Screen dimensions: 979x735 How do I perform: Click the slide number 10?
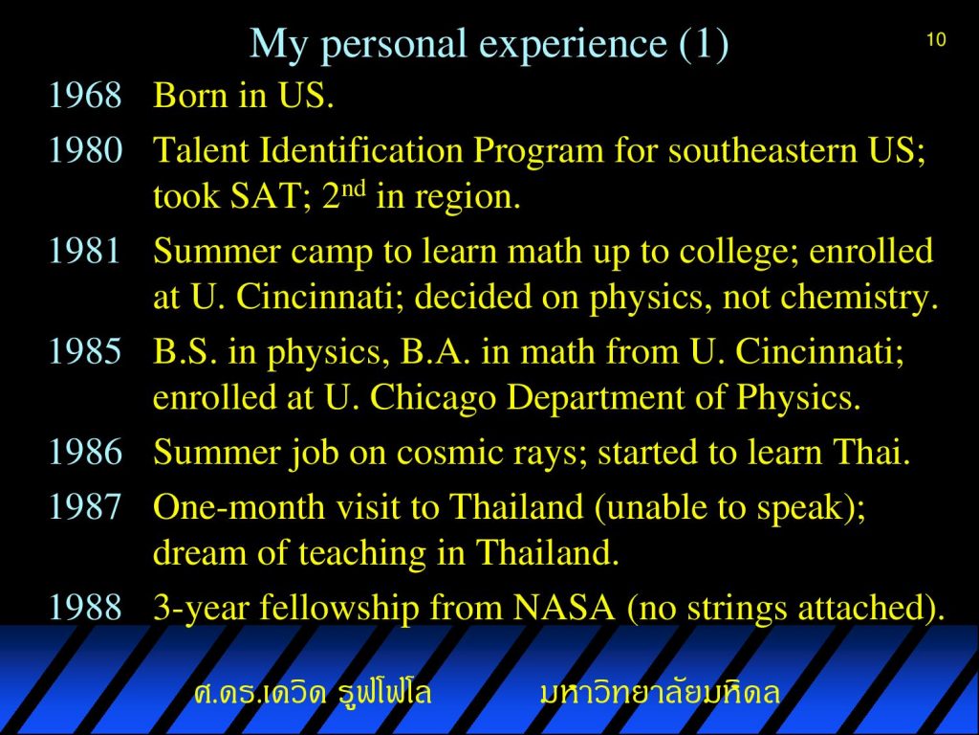(x=936, y=40)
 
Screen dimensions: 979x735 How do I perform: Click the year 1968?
(x=85, y=96)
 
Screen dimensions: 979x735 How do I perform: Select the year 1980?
(x=85, y=150)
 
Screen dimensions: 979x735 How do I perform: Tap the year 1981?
(x=84, y=251)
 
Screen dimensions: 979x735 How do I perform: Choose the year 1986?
(x=85, y=452)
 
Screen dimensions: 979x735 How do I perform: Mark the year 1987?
(x=84, y=506)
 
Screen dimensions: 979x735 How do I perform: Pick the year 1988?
(x=85, y=607)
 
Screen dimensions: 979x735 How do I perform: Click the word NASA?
(x=564, y=607)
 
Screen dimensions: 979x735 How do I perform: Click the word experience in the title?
(x=574, y=45)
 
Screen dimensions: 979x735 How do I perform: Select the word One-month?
(x=238, y=507)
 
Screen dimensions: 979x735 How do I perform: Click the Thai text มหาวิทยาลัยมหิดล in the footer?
(x=660, y=692)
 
